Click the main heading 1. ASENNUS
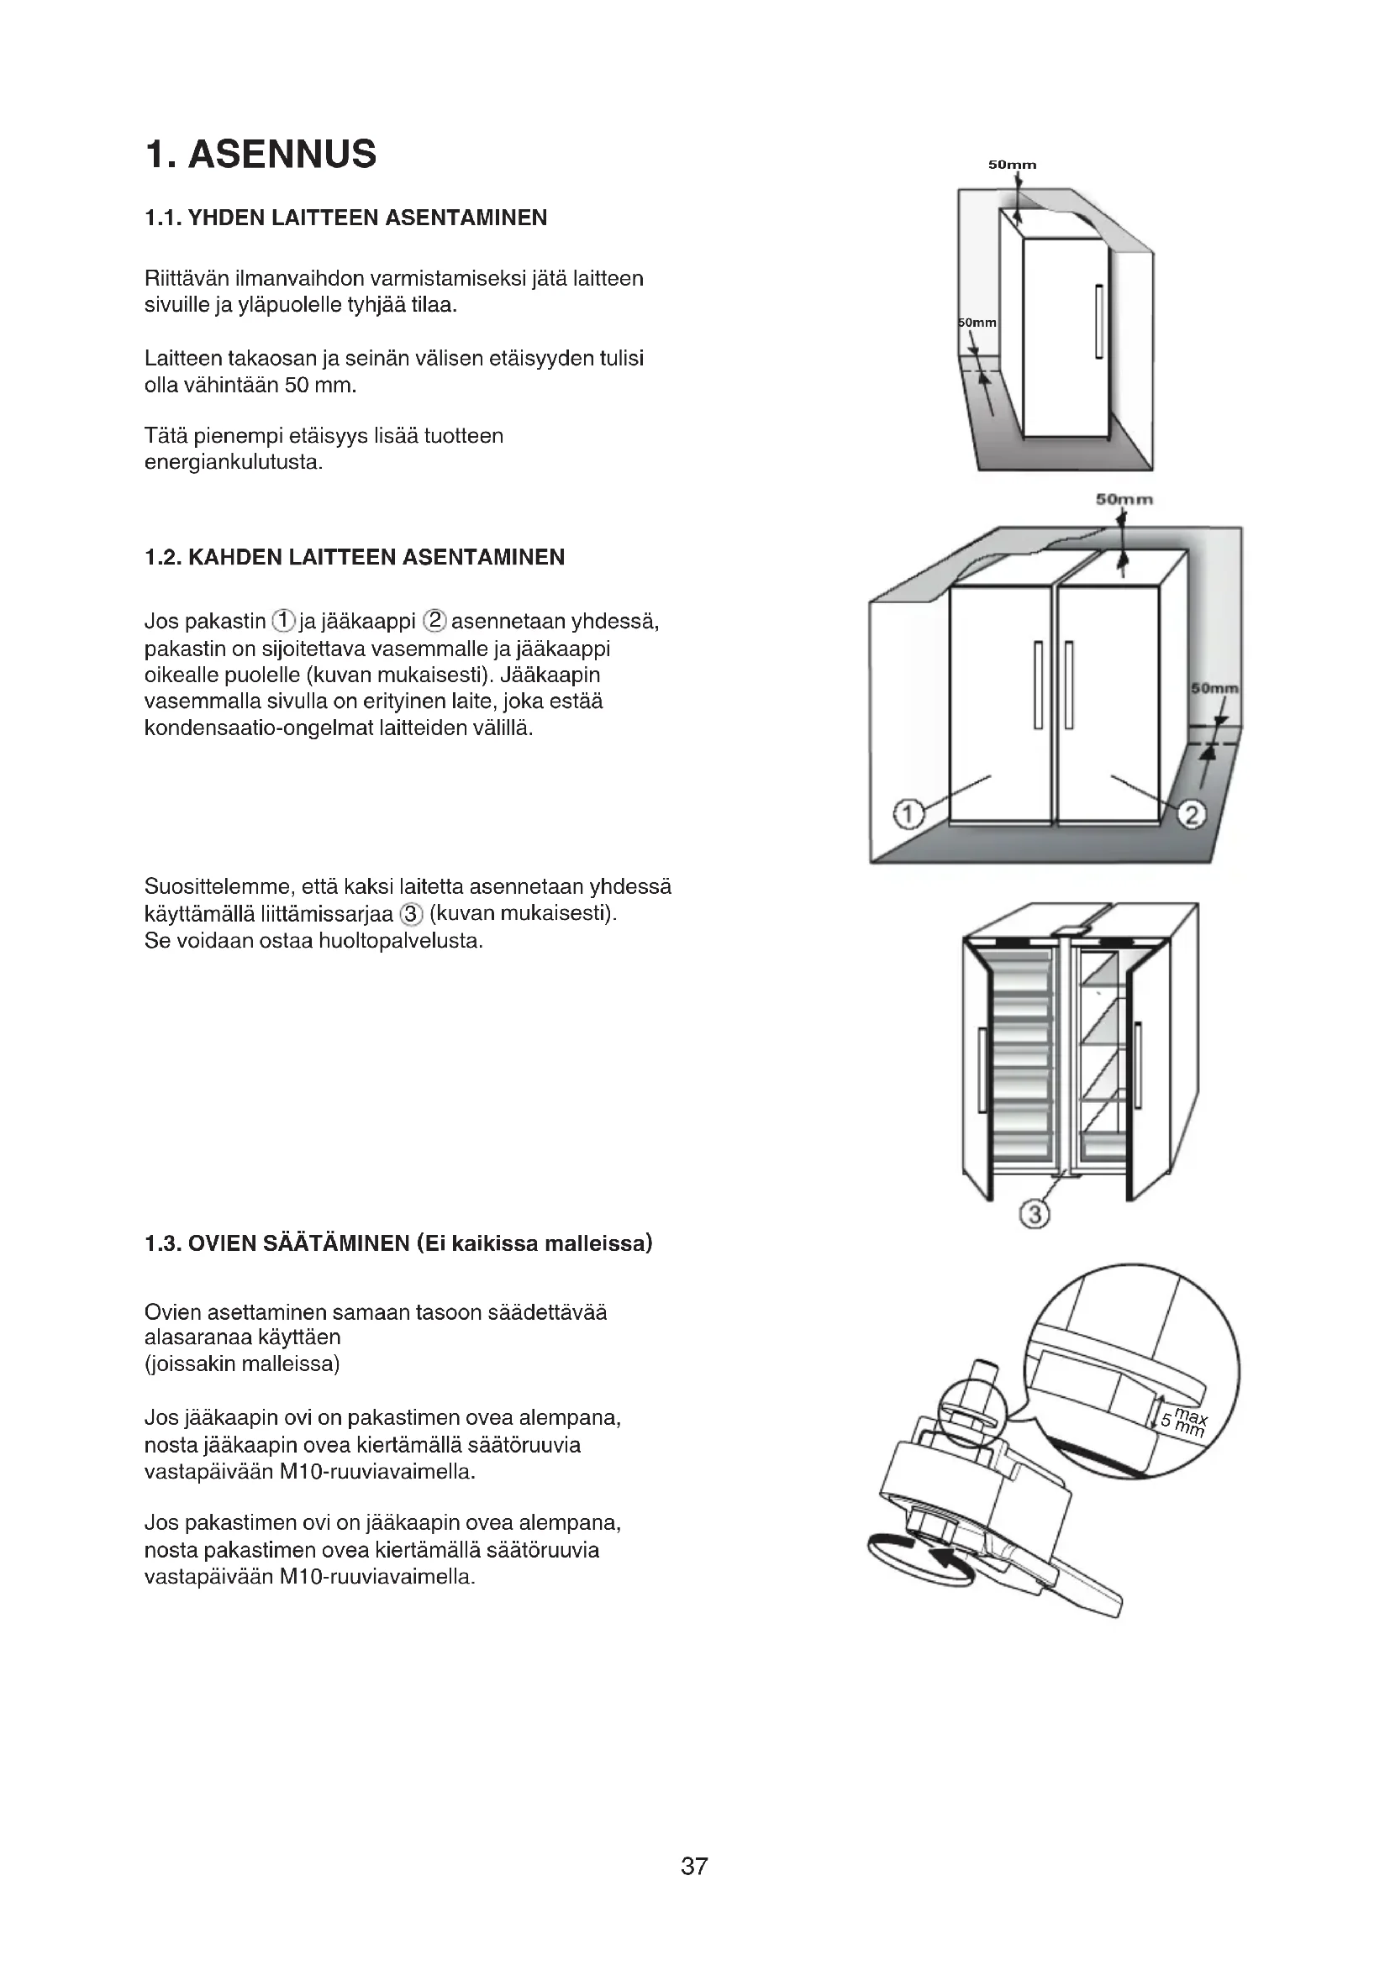point(261,155)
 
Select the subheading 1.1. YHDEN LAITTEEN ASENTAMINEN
point(345,218)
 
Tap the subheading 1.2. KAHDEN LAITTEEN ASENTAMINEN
point(355,558)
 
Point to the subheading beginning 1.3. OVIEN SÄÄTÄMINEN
point(398,1243)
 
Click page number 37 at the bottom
point(694,1889)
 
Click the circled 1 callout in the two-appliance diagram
point(909,813)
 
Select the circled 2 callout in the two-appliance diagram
point(1192,814)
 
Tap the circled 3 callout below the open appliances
point(1035,1214)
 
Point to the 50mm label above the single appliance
point(1012,165)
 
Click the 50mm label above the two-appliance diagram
point(1124,499)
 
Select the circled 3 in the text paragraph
point(412,914)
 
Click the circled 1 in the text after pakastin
point(283,621)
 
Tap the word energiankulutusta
point(234,464)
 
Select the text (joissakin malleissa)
point(242,1364)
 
